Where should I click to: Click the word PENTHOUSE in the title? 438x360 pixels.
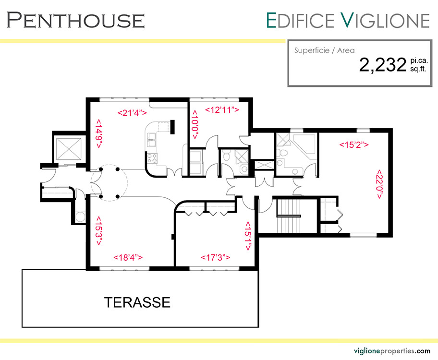click(x=75, y=20)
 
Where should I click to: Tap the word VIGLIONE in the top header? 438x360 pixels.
click(x=385, y=20)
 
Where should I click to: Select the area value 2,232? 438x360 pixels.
click(x=382, y=65)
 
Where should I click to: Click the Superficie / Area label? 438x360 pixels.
click(x=324, y=50)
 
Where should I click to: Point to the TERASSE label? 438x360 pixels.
click(x=137, y=302)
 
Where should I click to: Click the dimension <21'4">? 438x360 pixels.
click(x=132, y=113)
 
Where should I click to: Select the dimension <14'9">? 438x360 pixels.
click(x=99, y=134)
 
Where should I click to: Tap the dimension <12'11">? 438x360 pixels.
click(x=222, y=110)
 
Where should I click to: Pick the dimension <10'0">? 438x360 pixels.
click(x=195, y=125)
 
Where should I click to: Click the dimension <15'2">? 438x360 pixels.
click(x=354, y=144)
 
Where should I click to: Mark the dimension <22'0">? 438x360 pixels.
click(x=379, y=184)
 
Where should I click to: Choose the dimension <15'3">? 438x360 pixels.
click(x=98, y=231)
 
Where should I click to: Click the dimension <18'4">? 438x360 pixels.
click(x=128, y=257)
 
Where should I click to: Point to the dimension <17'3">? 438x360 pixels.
click(x=215, y=257)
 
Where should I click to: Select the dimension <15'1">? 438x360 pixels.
click(x=248, y=236)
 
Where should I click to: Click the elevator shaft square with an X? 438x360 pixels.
click(x=69, y=149)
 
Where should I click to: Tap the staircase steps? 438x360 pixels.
click(x=289, y=216)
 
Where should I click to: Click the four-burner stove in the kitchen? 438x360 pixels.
click(x=152, y=158)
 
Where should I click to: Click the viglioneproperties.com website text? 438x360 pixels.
click(x=392, y=351)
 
